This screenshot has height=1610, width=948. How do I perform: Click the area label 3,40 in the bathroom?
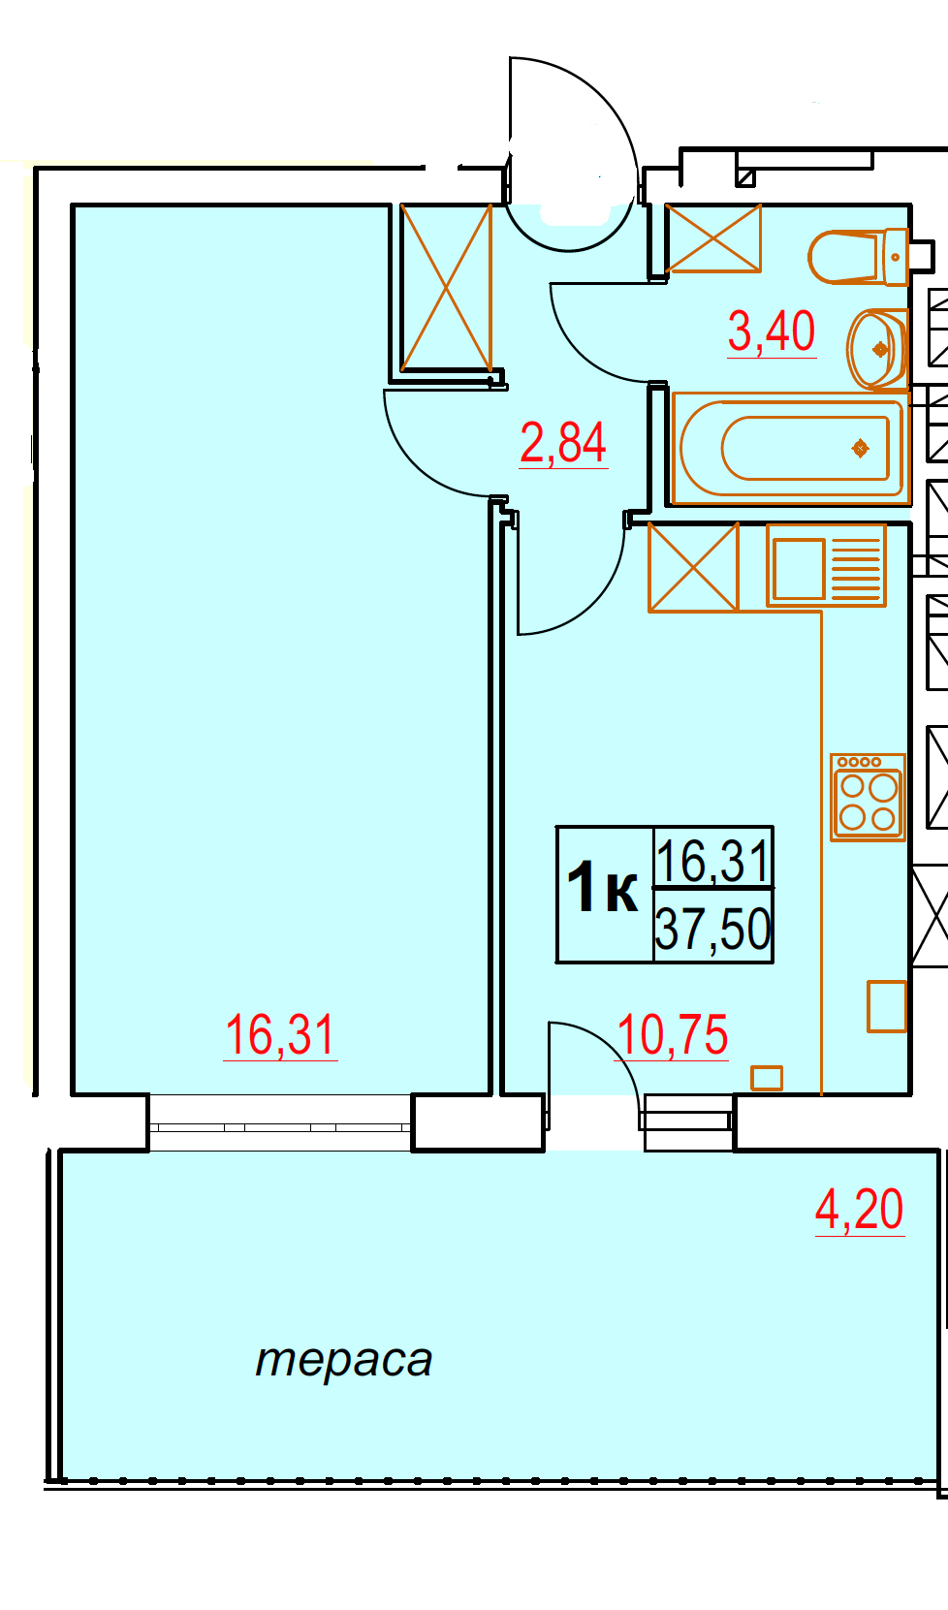[772, 332]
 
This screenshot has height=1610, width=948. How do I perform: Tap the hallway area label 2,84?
[563, 443]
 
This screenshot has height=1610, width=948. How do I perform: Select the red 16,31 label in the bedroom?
[279, 1035]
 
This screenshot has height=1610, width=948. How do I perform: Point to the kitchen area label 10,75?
[672, 1036]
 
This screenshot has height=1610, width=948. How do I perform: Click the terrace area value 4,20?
[859, 1210]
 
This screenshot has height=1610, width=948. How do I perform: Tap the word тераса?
[343, 1360]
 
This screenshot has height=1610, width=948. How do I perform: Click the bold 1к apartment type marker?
[602, 889]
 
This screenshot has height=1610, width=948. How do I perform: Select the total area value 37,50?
[713, 929]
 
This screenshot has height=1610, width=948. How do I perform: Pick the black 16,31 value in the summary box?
[713, 861]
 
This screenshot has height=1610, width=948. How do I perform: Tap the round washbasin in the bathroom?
[877, 349]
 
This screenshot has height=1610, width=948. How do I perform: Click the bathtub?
[791, 449]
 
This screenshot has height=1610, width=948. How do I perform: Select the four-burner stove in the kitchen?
[868, 797]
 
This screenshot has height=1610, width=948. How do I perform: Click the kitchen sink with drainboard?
[826, 566]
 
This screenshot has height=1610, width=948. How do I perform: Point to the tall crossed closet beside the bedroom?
[446, 288]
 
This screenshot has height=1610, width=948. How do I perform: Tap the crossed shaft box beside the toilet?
[713, 238]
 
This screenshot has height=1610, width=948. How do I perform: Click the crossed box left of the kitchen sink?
[694, 568]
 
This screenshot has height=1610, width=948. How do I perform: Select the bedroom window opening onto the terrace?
[280, 1122]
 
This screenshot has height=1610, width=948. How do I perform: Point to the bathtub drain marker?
[861, 449]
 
